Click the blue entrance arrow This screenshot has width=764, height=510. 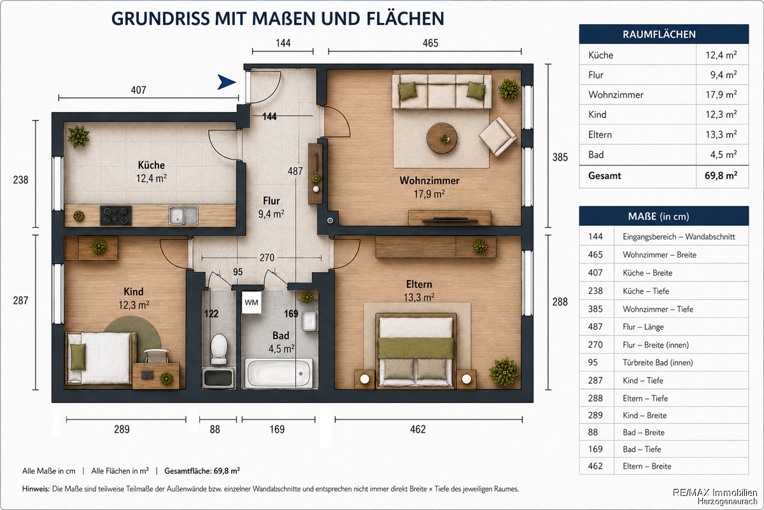click(227, 82)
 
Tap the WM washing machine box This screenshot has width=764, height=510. click(251, 302)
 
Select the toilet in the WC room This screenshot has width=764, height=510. click(219, 349)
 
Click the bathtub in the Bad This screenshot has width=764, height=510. click(279, 373)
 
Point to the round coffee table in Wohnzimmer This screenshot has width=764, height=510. click(442, 138)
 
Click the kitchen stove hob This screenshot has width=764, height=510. click(116, 215)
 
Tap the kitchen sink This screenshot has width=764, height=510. click(183, 215)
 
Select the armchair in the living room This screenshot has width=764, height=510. click(498, 136)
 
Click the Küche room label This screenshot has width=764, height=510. click(151, 165)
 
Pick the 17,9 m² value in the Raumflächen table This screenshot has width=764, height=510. click(721, 94)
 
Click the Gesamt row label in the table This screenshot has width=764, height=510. click(604, 176)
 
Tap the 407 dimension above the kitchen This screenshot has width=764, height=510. click(139, 90)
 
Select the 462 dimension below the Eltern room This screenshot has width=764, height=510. click(418, 429)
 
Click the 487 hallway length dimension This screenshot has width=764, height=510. click(295, 171)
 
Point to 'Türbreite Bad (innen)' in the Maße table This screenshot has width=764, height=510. click(658, 363)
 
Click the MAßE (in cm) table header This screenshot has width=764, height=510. click(658, 216)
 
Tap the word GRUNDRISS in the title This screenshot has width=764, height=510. click(160, 18)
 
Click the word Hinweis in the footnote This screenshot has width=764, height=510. click(36, 489)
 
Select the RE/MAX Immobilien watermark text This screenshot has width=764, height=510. click(715, 493)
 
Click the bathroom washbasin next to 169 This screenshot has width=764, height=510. click(309, 321)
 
